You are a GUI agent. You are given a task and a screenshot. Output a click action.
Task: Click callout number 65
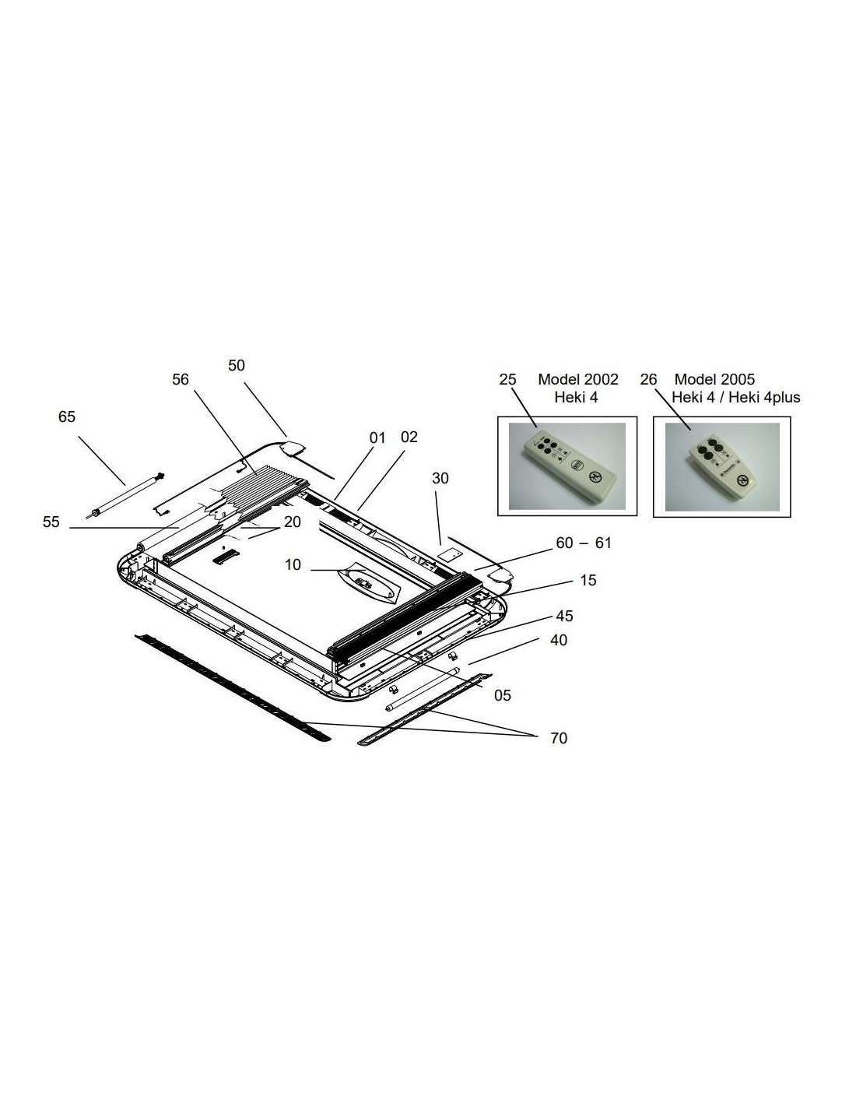[67, 417]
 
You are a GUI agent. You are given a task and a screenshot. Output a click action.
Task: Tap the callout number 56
[181, 379]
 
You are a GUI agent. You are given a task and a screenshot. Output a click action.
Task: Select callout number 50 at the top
[237, 365]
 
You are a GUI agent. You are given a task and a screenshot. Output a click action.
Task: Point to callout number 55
[51, 522]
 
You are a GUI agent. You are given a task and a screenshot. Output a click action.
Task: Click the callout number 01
[377, 438]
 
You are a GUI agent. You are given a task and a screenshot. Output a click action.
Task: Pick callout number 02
[409, 438]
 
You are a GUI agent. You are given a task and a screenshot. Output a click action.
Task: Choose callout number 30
[440, 478]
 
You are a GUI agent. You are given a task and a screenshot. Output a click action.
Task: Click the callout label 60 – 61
[584, 543]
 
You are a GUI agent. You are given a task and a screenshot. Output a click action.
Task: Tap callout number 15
[588, 580]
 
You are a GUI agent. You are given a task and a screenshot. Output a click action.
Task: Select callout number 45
[564, 616]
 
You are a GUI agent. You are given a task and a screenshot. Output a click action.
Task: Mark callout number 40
[559, 640]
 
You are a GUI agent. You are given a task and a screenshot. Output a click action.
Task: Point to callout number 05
[503, 695]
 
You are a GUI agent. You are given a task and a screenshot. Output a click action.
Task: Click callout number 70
[559, 738]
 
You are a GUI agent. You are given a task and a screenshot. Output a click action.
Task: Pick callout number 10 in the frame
[293, 564]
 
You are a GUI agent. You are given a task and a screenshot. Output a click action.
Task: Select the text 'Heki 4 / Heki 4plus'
[735, 397]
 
